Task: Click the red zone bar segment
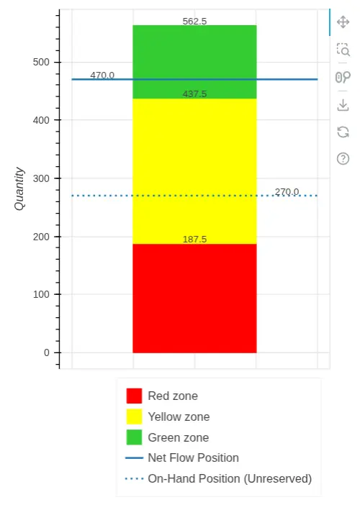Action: (194, 298)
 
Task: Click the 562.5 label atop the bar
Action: (194, 22)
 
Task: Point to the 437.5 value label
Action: (194, 94)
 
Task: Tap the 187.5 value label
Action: (194, 240)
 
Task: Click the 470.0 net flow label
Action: (102, 75)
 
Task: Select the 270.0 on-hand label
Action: (287, 192)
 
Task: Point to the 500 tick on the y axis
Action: (41, 62)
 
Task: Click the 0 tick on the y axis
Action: (47, 352)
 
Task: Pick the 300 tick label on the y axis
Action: (41, 178)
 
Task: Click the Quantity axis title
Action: (20, 189)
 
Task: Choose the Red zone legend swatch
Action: (134, 396)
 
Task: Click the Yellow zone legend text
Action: (179, 416)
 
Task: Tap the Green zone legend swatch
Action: (134, 437)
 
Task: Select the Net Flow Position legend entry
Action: (193, 457)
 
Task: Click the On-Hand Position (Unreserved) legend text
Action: (230, 478)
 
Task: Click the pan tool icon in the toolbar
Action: (343, 22)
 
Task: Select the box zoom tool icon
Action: (343, 49)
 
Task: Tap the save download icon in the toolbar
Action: (343, 104)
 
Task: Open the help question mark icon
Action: (343, 158)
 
